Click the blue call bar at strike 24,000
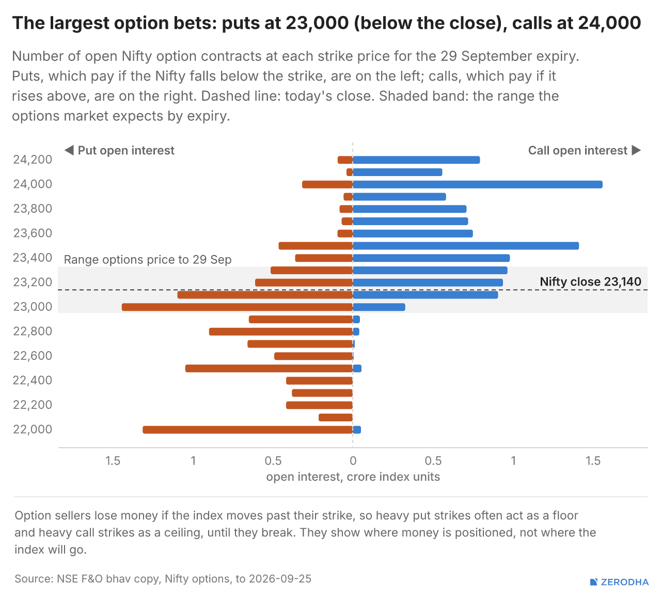[478, 184]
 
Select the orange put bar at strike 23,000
[237, 307]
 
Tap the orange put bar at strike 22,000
[247, 430]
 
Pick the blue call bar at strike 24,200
[416, 160]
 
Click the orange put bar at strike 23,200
[304, 282]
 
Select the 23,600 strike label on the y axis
[33, 233]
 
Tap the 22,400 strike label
[33, 380]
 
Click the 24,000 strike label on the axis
[33, 184]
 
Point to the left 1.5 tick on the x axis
[113, 461]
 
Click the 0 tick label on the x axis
[353, 461]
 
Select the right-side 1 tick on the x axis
[513, 461]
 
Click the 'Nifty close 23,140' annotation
[590, 282]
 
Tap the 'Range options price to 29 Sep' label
[148, 260]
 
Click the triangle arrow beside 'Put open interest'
[69, 150]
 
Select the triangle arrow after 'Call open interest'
[636, 150]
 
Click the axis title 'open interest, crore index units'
[353, 477]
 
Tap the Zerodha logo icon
[594, 582]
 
